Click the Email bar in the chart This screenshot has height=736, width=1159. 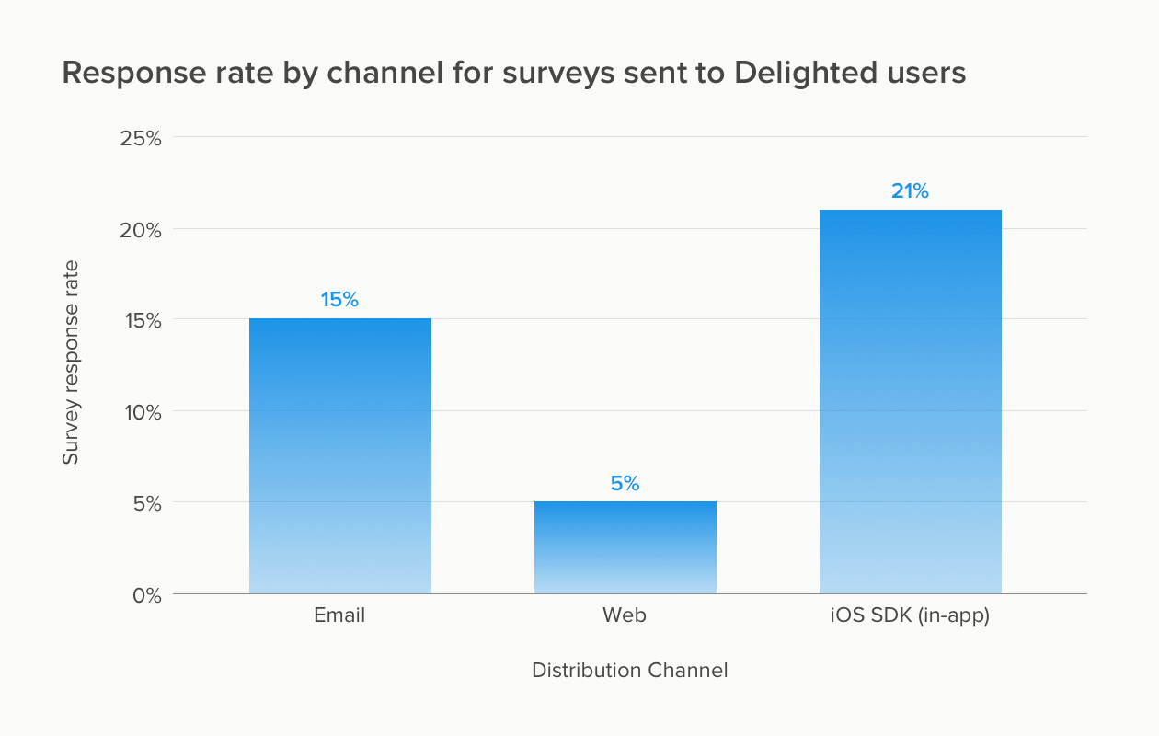[339, 455]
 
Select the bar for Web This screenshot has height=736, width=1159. [625, 547]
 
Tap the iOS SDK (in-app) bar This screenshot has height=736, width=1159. [910, 402]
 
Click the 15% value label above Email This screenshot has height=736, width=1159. [339, 300]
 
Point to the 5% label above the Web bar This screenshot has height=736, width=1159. [625, 483]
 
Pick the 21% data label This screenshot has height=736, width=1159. [910, 191]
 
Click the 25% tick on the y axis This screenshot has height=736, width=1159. [141, 138]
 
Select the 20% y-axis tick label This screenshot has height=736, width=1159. [141, 229]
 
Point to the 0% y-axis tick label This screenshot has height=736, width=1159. [145, 595]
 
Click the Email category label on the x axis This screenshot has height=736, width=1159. [339, 615]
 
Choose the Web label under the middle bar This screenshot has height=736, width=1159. [625, 615]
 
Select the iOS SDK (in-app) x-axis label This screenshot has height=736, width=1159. [910, 615]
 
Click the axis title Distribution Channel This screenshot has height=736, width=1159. [629, 671]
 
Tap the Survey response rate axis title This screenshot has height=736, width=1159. [71, 362]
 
